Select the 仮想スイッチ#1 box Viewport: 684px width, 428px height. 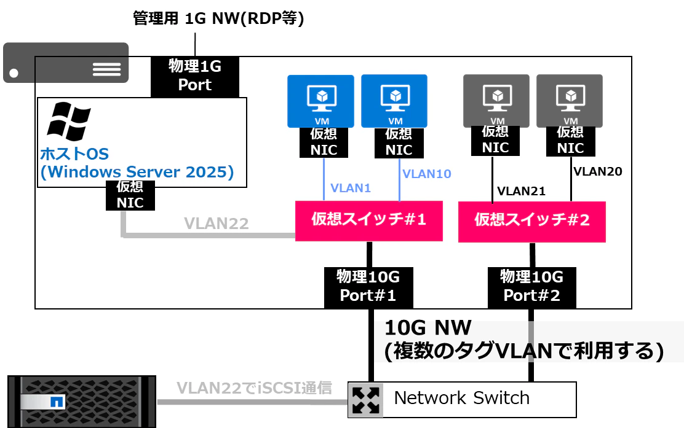[x=369, y=220]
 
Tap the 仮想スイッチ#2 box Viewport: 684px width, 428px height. [x=531, y=221]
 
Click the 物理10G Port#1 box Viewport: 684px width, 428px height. [x=368, y=287]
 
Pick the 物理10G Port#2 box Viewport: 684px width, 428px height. [x=531, y=287]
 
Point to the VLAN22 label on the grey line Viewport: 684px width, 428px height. [x=217, y=224]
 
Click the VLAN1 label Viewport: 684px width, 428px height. [x=350, y=188]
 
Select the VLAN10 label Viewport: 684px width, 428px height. [x=427, y=174]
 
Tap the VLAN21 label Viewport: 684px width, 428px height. [x=521, y=191]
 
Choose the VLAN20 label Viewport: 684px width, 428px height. [x=598, y=171]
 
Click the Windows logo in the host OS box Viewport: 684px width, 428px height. [x=68, y=122]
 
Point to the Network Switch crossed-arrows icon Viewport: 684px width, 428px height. [x=365, y=400]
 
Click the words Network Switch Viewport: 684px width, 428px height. [x=461, y=398]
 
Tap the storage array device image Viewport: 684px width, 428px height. [x=82, y=402]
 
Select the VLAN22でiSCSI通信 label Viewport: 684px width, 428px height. [x=254, y=387]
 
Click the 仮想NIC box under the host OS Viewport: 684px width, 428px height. [x=130, y=195]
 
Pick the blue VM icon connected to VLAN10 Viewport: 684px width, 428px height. [x=394, y=101]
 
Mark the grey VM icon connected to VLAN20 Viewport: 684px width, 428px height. [x=570, y=101]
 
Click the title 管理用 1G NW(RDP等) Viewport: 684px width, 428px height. [x=218, y=18]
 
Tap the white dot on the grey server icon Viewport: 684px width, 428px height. [x=14, y=73]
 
